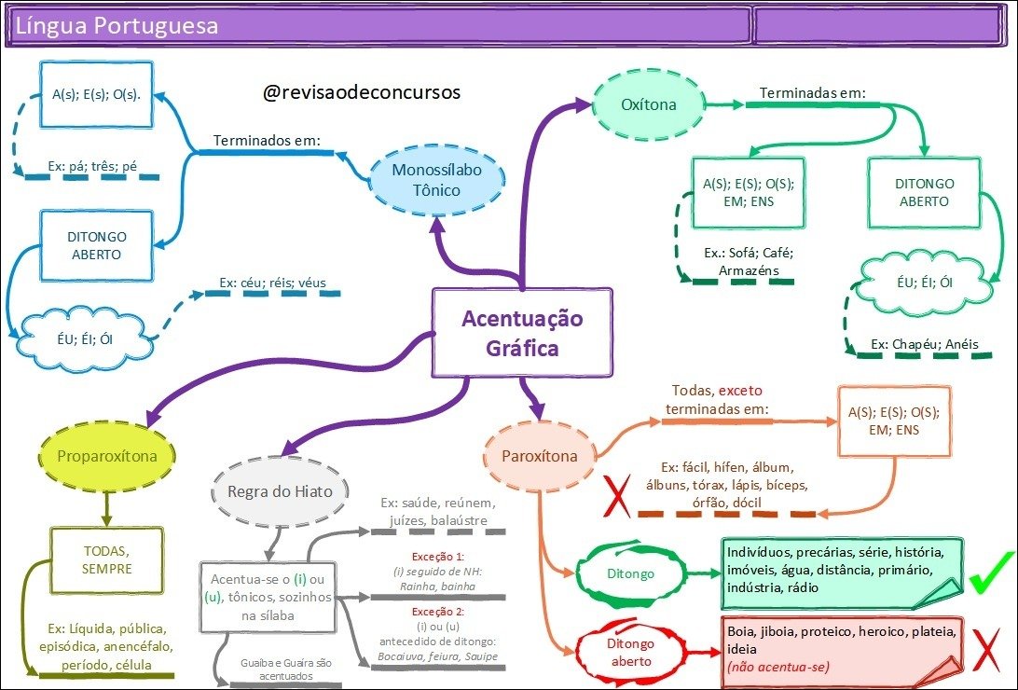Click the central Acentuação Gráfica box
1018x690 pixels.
click(x=522, y=334)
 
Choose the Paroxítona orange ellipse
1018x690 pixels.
click(x=540, y=456)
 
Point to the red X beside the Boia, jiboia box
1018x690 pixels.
click(x=988, y=650)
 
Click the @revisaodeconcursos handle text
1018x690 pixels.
click(x=362, y=93)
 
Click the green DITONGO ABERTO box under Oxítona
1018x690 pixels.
click(x=924, y=193)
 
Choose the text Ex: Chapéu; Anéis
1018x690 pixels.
click(x=925, y=344)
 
